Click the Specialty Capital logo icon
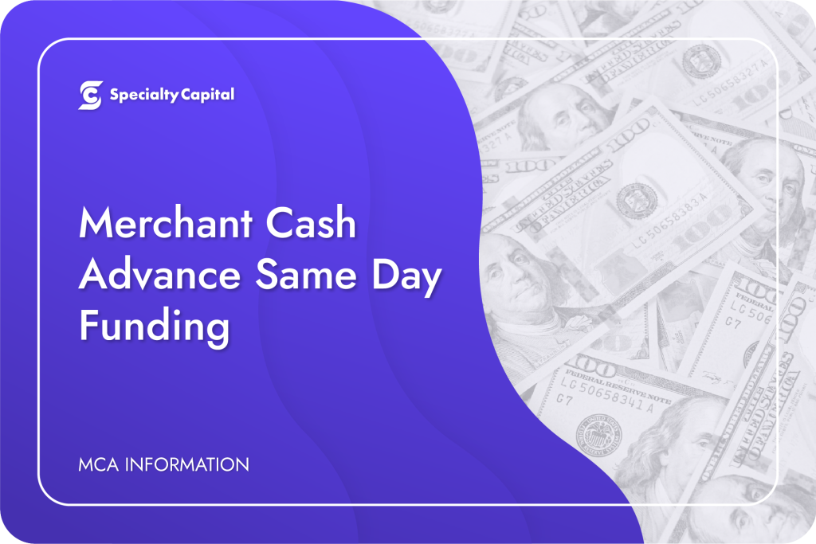91,95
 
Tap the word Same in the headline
306,275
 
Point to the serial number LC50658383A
670,221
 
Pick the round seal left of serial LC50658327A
701,61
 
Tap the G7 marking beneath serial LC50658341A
564,400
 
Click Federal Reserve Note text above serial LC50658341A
618,385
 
